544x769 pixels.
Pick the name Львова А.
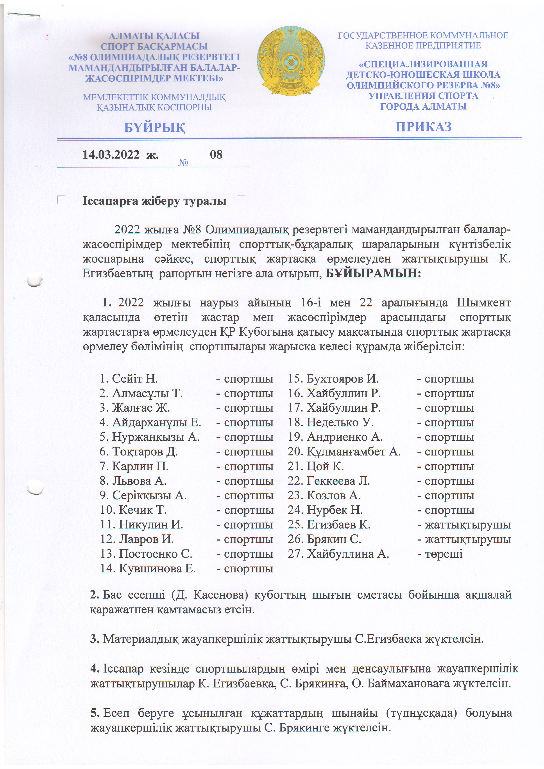pos(139,481)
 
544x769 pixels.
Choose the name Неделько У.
pos(340,422)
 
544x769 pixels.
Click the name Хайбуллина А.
pos(348,554)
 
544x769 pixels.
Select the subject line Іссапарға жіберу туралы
pos(154,201)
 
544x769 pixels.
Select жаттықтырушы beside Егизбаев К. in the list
pos(468,525)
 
